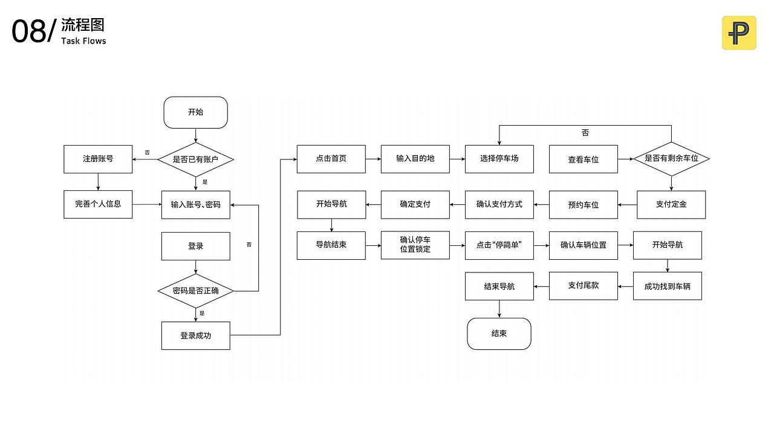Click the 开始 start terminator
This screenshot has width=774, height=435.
[x=195, y=112]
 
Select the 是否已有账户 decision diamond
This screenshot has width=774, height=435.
[x=195, y=159]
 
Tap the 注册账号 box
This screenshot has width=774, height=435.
[x=98, y=159]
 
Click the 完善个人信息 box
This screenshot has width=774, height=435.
[x=98, y=204]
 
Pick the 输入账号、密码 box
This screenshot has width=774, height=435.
[x=195, y=205]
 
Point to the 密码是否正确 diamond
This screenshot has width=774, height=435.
[x=195, y=291]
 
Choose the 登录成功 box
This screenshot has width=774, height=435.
[x=195, y=335]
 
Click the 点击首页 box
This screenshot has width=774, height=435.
[x=331, y=159]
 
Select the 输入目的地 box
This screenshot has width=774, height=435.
[x=415, y=159]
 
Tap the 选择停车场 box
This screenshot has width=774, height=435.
[x=499, y=159]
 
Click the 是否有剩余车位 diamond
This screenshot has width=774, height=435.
[x=671, y=158]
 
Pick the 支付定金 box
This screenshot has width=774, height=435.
[x=671, y=204]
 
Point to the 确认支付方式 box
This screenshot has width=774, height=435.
[x=499, y=204]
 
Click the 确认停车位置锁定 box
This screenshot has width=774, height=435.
[x=415, y=245]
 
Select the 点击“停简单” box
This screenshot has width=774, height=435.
[x=499, y=245]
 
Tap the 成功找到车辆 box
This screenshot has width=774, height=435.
[x=667, y=286]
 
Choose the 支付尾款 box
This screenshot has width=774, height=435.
[x=583, y=286]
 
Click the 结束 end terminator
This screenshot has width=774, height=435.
[x=499, y=333]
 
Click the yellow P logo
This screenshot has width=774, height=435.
[x=738, y=33]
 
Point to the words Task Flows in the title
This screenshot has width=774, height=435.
[x=83, y=41]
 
